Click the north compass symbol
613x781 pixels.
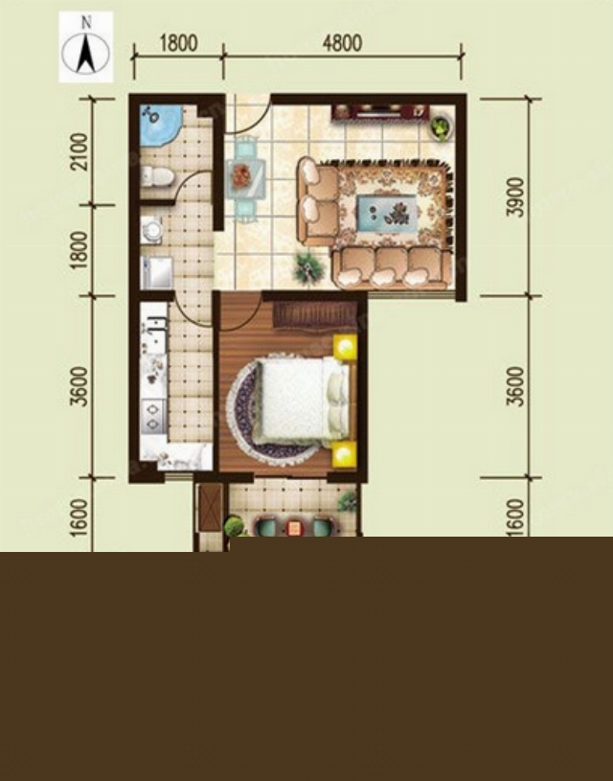pos(85,47)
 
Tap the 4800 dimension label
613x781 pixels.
pos(342,43)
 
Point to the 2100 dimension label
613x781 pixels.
pos(79,152)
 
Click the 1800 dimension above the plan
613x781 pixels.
pos(178,43)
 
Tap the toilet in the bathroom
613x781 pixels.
pos(156,177)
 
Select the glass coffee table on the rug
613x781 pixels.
pos(387,213)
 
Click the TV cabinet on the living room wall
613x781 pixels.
pos(381,111)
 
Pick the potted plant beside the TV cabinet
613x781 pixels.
pos(441,127)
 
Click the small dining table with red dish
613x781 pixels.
pos(244,177)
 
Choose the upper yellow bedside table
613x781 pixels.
pos(345,347)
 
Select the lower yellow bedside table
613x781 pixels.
pos(345,454)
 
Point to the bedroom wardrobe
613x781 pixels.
pos(315,314)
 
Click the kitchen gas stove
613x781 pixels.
pos(153,415)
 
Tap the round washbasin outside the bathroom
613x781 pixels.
pos(151,230)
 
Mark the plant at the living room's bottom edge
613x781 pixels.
pos(309,269)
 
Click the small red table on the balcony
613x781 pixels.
pos(294,528)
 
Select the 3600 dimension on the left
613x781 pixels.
pos(79,386)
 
